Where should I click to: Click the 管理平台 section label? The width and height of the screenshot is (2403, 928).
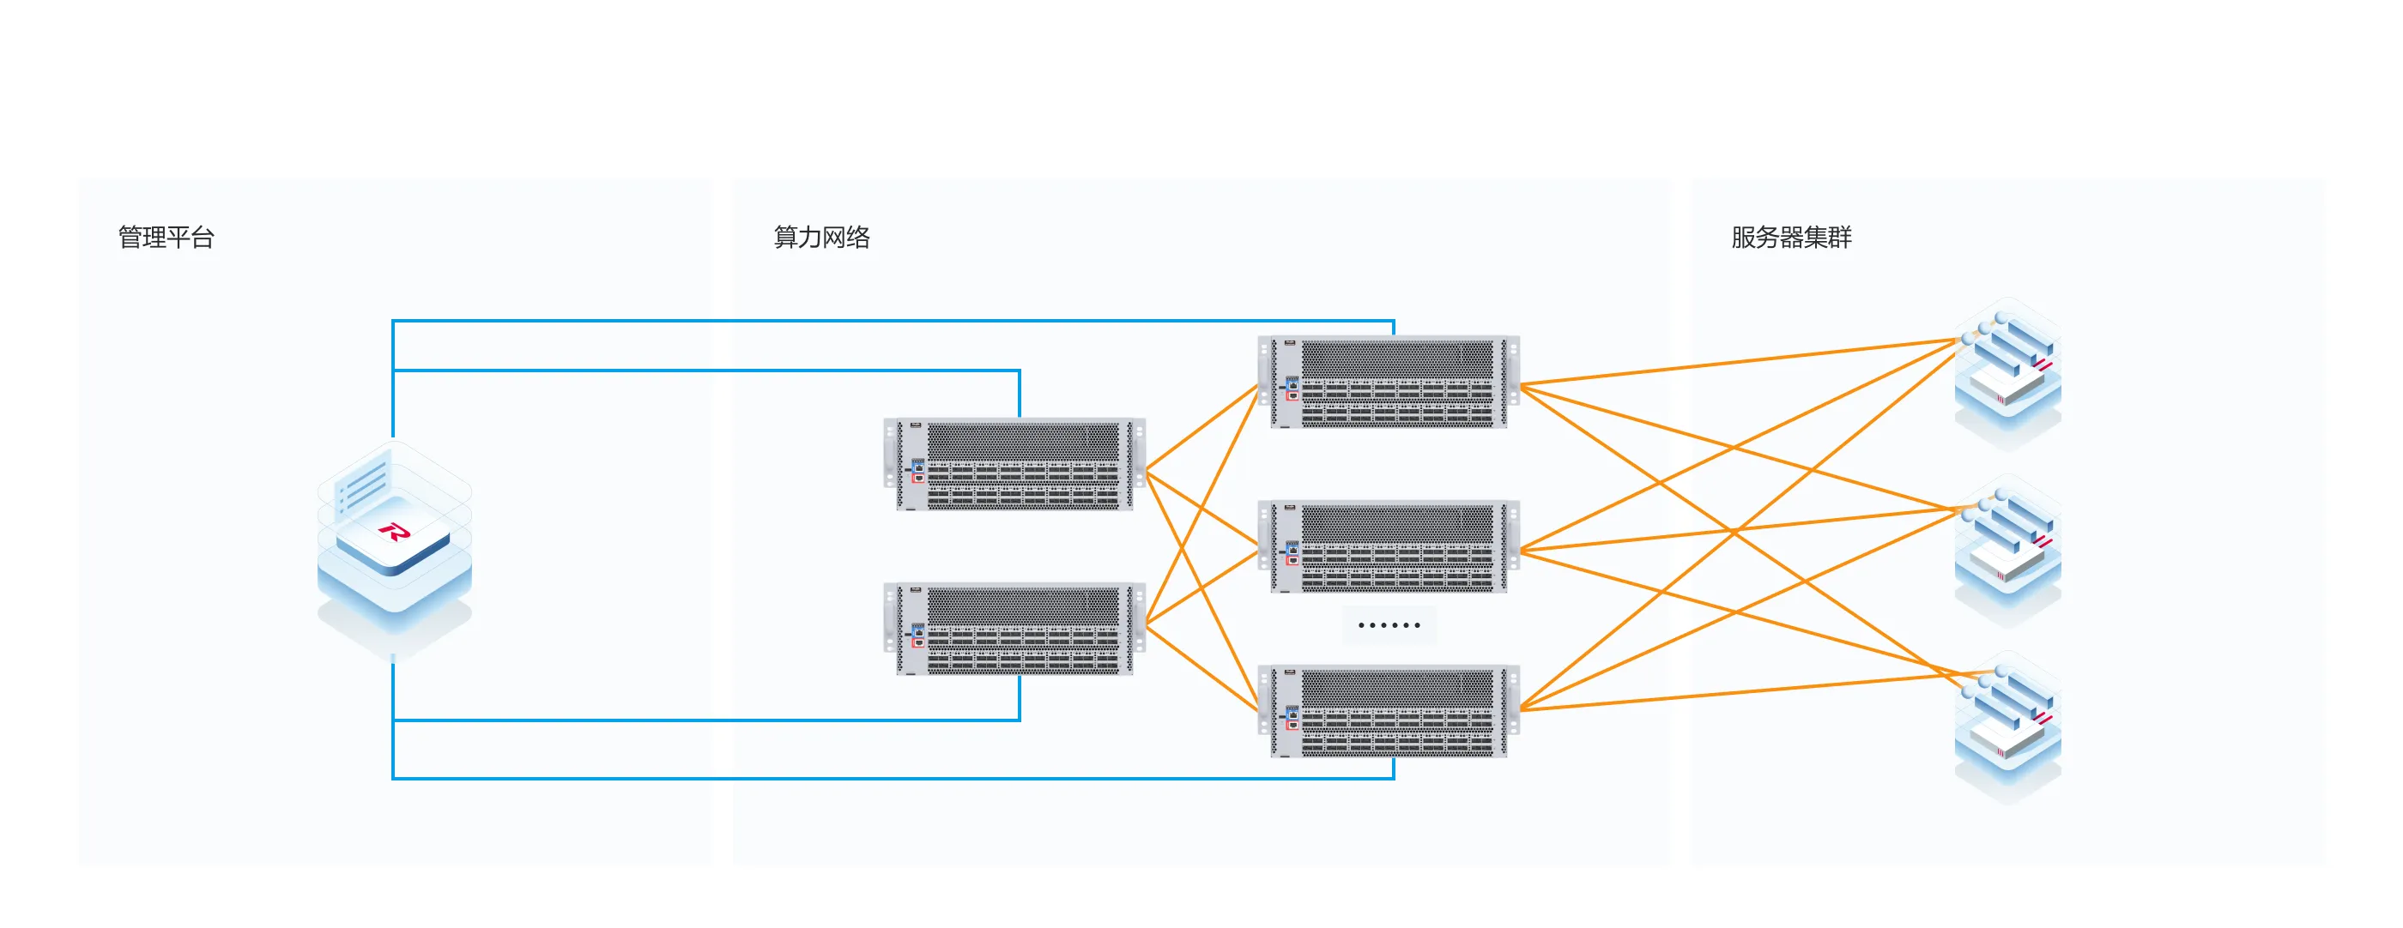tap(166, 237)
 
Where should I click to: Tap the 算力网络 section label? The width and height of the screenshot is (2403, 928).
tap(821, 237)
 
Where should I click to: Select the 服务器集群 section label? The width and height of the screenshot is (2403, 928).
tap(1791, 237)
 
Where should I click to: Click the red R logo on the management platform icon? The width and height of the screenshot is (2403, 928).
tap(394, 533)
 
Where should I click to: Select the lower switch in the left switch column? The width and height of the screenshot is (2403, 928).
tap(1015, 630)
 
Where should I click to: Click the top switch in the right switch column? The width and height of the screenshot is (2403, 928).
tap(1389, 383)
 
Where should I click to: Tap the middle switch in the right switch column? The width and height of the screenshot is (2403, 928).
tap(1389, 547)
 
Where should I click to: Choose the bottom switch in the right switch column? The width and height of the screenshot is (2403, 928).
tap(1389, 712)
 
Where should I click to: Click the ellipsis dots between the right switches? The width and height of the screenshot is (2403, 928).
tap(1389, 625)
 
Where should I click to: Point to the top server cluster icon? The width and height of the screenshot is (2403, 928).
tap(2007, 373)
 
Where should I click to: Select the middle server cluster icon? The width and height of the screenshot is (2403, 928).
tap(2007, 551)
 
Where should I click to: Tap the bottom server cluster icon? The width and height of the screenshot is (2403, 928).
tap(2007, 727)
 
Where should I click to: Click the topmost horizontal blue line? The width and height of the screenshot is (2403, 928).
tap(887, 321)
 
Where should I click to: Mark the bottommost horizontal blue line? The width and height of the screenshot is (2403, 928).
tap(887, 778)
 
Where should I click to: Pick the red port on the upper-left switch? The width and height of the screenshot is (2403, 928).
tap(919, 479)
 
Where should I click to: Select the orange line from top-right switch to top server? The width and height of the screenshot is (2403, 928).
tap(1735, 363)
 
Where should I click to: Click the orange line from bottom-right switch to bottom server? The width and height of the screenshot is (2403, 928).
tap(1735, 692)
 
